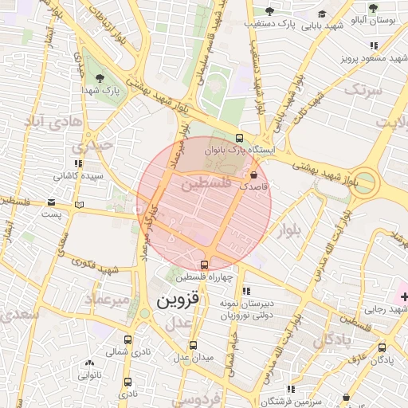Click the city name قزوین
pos(170,301)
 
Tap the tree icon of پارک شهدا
pos(99,77)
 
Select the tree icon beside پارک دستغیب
pos(269,11)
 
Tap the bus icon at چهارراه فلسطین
pos(205,265)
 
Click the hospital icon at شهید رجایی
pos(404,296)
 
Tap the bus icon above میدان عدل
pos(193,346)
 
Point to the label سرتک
pos(363,90)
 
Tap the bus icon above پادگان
pos(382,347)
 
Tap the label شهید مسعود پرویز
pos(374,58)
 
